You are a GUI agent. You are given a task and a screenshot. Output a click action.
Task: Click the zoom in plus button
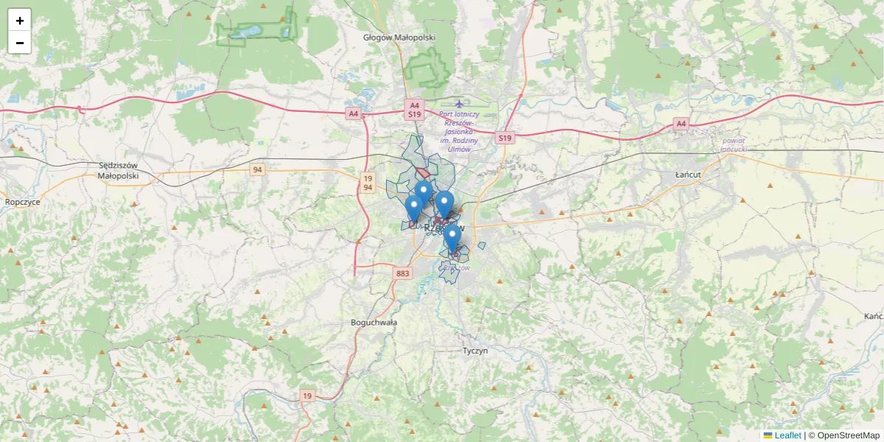tap(20, 21)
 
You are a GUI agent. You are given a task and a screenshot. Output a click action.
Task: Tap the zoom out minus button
tap(20, 43)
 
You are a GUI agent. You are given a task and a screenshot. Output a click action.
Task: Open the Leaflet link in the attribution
tap(787, 435)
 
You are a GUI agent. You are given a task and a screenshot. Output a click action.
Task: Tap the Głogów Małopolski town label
tap(400, 37)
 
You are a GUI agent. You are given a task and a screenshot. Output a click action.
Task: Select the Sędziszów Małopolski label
tap(118, 171)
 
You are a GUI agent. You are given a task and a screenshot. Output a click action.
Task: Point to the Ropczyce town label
tap(22, 201)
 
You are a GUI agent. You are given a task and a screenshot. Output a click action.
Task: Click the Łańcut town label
tap(687, 175)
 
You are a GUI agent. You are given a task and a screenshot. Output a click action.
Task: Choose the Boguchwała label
tap(374, 323)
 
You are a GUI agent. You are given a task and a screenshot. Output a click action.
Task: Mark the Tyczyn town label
tap(475, 351)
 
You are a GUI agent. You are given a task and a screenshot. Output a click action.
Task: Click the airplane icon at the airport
tap(460, 104)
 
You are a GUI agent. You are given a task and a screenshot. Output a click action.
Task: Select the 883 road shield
tap(402, 274)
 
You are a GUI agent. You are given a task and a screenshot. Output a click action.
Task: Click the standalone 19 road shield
tap(307, 396)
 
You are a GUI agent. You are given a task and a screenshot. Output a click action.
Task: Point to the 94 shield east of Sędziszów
tap(257, 170)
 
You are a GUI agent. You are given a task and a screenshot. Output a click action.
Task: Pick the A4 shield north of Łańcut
tap(681, 124)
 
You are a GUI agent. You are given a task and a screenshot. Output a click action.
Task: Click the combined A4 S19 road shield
tap(414, 110)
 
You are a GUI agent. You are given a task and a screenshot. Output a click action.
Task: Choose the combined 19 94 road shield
tap(368, 183)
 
